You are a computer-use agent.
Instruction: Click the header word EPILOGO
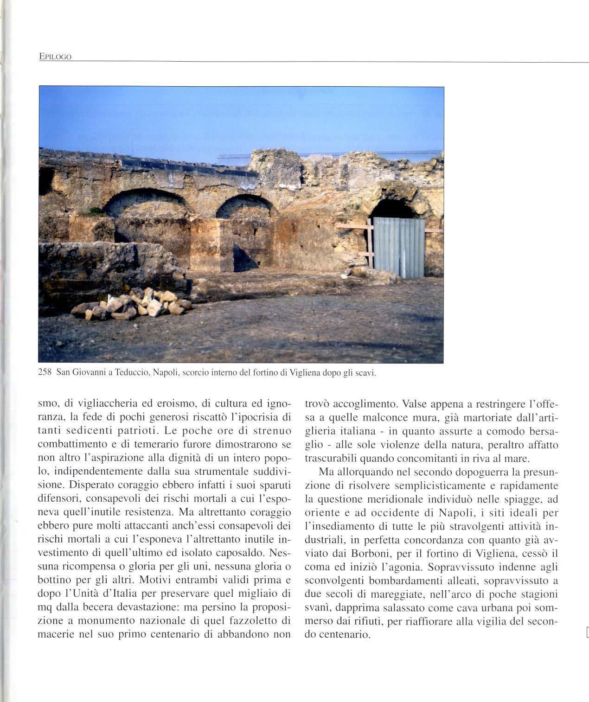pyautogui.click(x=55, y=57)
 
